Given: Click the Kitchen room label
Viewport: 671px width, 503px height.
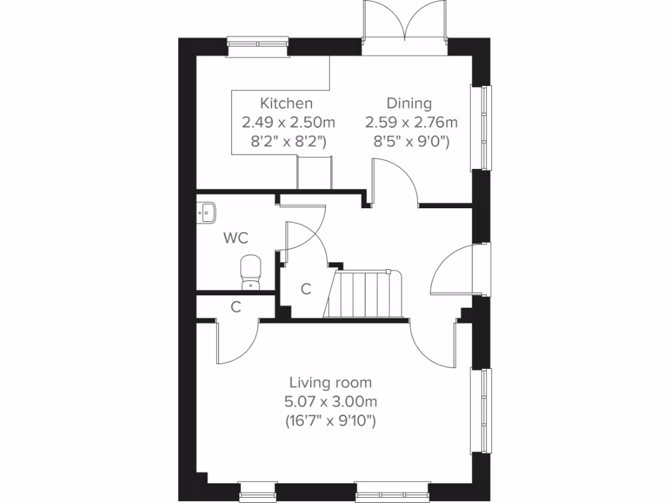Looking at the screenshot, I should tap(286, 103).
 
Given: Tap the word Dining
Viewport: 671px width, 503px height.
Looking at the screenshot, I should tap(409, 103).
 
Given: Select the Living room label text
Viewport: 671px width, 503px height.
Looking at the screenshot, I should tap(331, 382).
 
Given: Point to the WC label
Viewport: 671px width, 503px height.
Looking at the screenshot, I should tap(236, 238).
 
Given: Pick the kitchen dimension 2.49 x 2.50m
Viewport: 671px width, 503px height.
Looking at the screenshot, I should tap(288, 122).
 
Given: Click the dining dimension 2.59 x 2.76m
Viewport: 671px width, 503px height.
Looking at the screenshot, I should tap(412, 122).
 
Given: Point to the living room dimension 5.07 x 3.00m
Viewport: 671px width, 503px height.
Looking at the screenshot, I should tap(331, 401).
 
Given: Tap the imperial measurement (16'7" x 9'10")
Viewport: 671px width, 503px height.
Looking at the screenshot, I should tap(331, 420).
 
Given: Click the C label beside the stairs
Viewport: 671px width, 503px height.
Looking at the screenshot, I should tap(305, 289).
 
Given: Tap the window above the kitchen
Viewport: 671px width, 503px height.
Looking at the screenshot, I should tap(259, 43).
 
